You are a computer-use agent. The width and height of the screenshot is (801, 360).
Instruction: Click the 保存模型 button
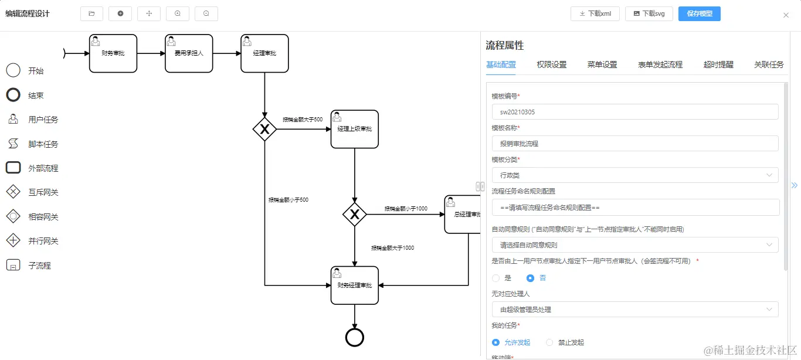pyautogui.click(x=699, y=13)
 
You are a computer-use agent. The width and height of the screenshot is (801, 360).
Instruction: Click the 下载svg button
pyautogui.click(x=649, y=13)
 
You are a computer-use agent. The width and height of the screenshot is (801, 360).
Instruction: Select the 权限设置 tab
pyautogui.click(x=551, y=64)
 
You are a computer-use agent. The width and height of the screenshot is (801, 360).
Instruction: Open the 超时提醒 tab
pyautogui.click(x=718, y=64)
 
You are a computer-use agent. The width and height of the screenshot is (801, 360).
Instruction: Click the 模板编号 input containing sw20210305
pyautogui.click(x=635, y=112)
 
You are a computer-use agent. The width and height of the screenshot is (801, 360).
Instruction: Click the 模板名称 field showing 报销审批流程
pyautogui.click(x=635, y=144)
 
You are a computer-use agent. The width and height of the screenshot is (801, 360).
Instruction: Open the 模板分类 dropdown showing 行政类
pyautogui.click(x=635, y=175)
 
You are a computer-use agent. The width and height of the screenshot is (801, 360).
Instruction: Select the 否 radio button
pyautogui.click(x=531, y=278)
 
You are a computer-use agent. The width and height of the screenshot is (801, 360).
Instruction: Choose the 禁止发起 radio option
pyautogui.click(x=549, y=342)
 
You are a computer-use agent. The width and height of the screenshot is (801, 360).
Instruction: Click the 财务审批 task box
pyautogui.click(x=113, y=53)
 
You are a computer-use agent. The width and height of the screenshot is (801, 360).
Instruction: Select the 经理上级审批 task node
pyautogui.click(x=354, y=129)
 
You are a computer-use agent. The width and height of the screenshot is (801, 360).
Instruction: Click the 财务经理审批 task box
pyautogui.click(x=354, y=286)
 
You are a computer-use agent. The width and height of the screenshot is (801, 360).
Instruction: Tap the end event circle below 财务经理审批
pyautogui.click(x=355, y=338)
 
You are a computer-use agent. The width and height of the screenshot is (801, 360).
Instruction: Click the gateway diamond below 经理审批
pyautogui.click(x=264, y=129)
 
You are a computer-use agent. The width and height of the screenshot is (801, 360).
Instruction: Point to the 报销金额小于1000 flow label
pyautogui.click(x=406, y=209)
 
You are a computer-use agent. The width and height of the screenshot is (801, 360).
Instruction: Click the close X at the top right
pyautogui.click(x=786, y=15)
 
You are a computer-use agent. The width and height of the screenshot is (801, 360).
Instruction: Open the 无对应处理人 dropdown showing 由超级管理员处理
pyautogui.click(x=635, y=310)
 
